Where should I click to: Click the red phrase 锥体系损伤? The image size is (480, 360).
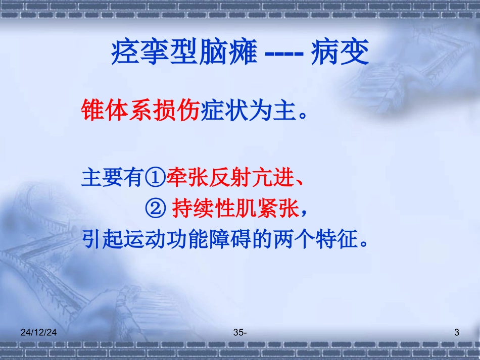coord(140,111)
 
